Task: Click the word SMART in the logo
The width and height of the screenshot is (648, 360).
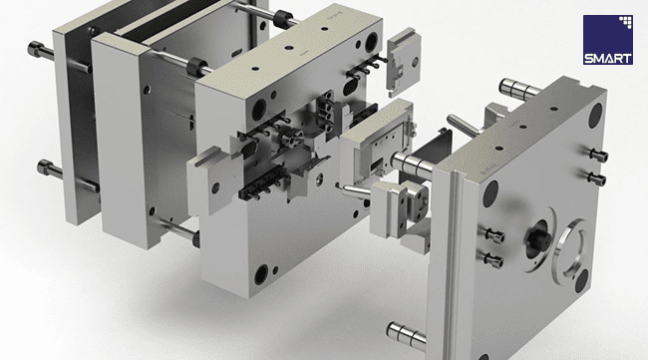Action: (x=607, y=58)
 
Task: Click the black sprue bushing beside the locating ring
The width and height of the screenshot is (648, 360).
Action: (x=537, y=239)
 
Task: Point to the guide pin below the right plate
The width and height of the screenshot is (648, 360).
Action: (x=406, y=333)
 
